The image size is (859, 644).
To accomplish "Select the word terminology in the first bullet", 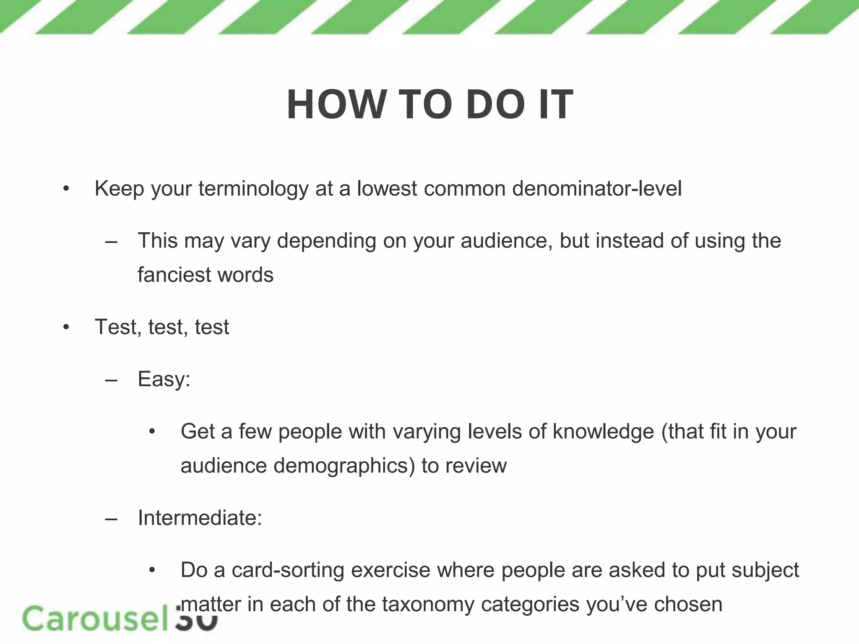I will point(253,189).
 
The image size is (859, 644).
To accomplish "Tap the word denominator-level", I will point(596,189).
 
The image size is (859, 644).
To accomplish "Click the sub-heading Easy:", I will point(164,379).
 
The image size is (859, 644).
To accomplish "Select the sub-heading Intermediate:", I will point(200,518).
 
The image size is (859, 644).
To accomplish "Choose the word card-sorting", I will point(288,570).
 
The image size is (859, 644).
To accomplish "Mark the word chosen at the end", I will point(688,605).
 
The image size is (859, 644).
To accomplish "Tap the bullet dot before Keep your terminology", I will point(66,189).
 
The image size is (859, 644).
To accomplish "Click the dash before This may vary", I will point(111,241).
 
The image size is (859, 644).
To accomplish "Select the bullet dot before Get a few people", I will point(152,432).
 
